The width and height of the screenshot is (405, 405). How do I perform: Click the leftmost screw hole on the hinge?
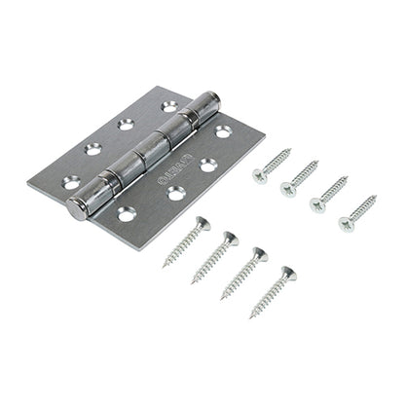click(71, 181)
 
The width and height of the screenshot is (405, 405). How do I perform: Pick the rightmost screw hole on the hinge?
click(223, 130)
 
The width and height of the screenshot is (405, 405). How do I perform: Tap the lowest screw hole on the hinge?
click(126, 213)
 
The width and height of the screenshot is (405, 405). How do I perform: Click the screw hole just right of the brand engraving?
click(208, 166)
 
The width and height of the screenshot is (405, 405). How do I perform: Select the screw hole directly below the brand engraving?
click(176, 193)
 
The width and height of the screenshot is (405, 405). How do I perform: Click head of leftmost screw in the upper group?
click(260, 176)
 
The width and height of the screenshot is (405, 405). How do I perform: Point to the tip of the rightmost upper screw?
click(375, 198)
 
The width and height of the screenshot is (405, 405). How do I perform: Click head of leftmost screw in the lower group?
click(202, 223)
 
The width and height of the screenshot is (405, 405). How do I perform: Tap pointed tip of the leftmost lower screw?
click(165, 265)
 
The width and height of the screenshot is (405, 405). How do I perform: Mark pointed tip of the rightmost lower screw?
click(251, 317)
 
